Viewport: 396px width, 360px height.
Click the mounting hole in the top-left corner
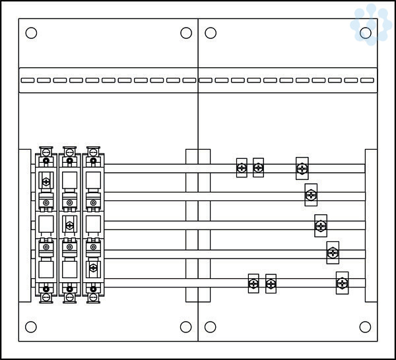[31, 33]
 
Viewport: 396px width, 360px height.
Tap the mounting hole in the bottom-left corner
[31, 326]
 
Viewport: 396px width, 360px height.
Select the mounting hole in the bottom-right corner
[365, 326]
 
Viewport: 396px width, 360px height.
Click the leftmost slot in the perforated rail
[27, 80]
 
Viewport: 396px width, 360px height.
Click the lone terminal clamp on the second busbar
[311, 195]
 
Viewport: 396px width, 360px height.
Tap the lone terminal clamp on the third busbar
[321, 225]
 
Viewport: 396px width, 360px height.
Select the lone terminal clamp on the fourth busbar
[333, 252]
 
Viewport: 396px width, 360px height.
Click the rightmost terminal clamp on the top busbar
[302, 169]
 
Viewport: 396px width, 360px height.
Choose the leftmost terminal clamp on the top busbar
[242, 168]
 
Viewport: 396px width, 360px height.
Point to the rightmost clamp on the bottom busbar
[342, 283]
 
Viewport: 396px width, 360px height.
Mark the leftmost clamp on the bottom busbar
[253, 284]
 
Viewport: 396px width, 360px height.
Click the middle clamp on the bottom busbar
[271, 284]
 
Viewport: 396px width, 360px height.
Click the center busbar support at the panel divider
[198, 224]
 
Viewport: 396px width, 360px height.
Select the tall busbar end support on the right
[371, 224]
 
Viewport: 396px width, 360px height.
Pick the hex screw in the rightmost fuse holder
[93, 268]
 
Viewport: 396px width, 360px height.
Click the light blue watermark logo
[371, 24]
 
